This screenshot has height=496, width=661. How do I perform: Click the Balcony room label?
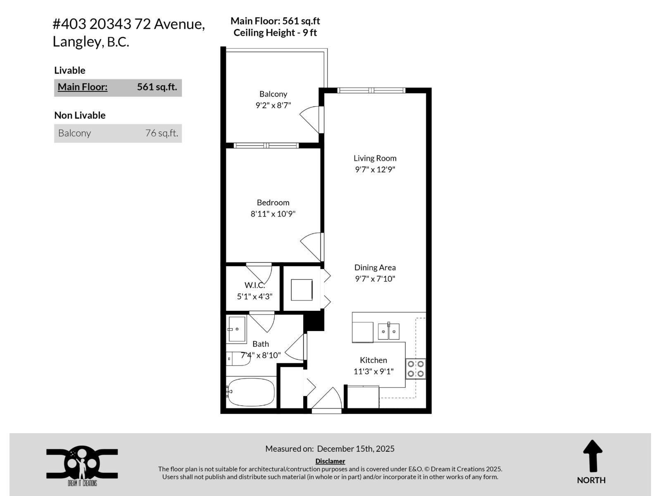[x=273, y=94]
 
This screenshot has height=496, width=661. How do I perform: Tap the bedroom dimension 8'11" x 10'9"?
[x=273, y=214]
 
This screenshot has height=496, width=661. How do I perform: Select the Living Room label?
[x=375, y=158]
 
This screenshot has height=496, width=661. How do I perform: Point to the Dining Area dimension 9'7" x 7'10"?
[x=375, y=279]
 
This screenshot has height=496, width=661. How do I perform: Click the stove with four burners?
[x=416, y=369]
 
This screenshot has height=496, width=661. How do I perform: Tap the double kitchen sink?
[x=388, y=331]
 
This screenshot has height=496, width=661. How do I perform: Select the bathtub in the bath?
[x=251, y=392]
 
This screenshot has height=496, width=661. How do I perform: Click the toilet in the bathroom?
[x=238, y=358]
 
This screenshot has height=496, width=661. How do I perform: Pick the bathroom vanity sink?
[x=237, y=329]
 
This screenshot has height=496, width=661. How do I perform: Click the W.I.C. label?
[x=254, y=285]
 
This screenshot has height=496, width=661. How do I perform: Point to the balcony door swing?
[x=311, y=119]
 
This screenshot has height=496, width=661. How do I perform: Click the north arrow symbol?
[x=592, y=456]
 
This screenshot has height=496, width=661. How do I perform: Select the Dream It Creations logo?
[x=82, y=465]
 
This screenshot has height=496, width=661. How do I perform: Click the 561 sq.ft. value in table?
[x=157, y=87]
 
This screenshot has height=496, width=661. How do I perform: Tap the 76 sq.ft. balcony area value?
[x=162, y=133]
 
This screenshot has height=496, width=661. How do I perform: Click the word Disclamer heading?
[x=330, y=461]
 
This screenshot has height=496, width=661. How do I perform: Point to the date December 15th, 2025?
[x=355, y=448]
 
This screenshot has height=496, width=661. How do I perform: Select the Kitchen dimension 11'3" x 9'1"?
[x=373, y=371]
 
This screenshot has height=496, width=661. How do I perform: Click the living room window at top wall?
[x=371, y=91]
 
